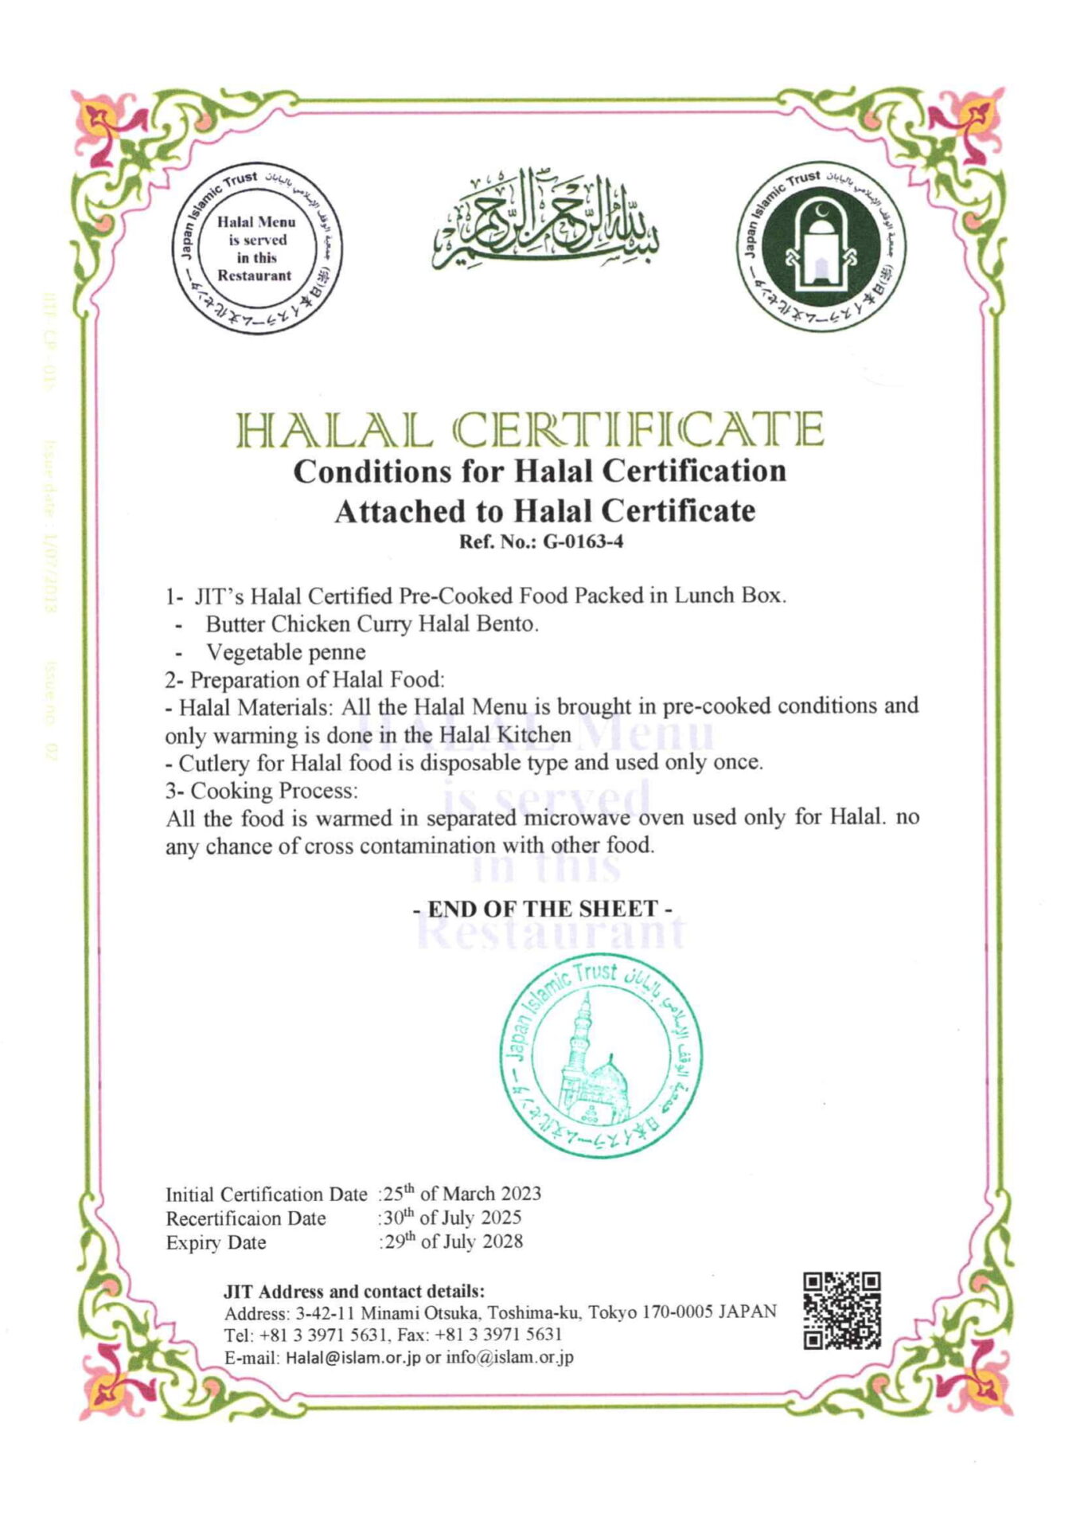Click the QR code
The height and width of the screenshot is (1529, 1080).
coord(841,1310)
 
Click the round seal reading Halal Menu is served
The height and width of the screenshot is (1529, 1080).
coord(256,249)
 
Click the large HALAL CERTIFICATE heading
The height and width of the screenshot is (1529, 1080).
coord(531,431)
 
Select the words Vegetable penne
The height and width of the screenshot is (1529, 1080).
coord(286,651)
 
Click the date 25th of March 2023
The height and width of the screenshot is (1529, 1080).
coord(462,1194)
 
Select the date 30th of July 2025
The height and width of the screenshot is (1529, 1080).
coord(452,1218)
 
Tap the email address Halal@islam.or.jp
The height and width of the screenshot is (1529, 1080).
coord(353,1358)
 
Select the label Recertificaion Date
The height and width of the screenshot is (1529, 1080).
coord(246,1218)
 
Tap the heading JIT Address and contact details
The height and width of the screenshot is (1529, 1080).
coord(354,1290)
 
